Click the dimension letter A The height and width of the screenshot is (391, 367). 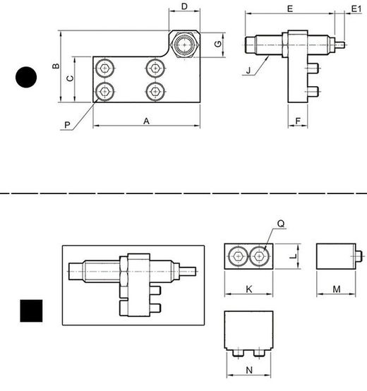tap(146, 121)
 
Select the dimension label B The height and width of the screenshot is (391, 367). tap(56, 66)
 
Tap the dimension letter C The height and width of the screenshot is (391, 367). tap(71, 78)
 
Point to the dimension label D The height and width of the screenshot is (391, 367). tap(184, 6)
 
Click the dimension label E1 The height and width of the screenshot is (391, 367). tap(356, 9)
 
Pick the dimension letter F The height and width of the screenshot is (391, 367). tap(298, 121)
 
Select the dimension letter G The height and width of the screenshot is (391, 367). tap(218, 44)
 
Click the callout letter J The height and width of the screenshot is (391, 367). tap(248, 71)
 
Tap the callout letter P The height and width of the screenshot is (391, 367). tap(67, 125)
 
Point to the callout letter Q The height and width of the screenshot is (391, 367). tap(281, 224)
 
